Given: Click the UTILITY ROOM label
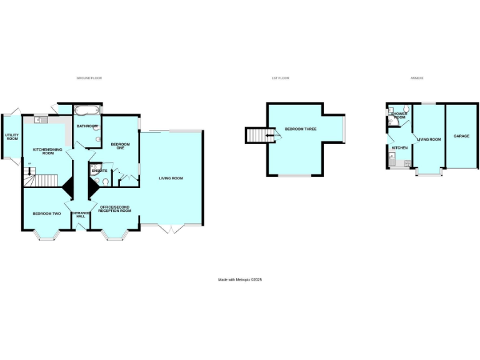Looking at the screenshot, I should click(x=12, y=136).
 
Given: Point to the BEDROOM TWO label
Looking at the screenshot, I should click(x=47, y=213).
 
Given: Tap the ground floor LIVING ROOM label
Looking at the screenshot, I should click(x=171, y=179).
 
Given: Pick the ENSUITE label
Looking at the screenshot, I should click(x=99, y=171).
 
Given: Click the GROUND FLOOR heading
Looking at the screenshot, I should click(x=89, y=78).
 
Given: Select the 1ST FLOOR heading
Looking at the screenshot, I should click(x=280, y=78).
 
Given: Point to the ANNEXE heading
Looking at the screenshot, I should click(x=417, y=78).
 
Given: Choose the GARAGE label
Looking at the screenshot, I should click(x=461, y=136).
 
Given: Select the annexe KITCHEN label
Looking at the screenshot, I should click(x=399, y=147).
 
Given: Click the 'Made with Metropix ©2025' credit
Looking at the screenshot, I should click(x=240, y=279).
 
